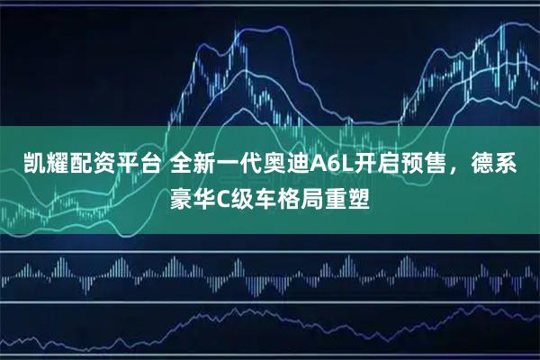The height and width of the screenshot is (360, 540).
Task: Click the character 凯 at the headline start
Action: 22,164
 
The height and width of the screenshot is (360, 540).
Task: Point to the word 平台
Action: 127,164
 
